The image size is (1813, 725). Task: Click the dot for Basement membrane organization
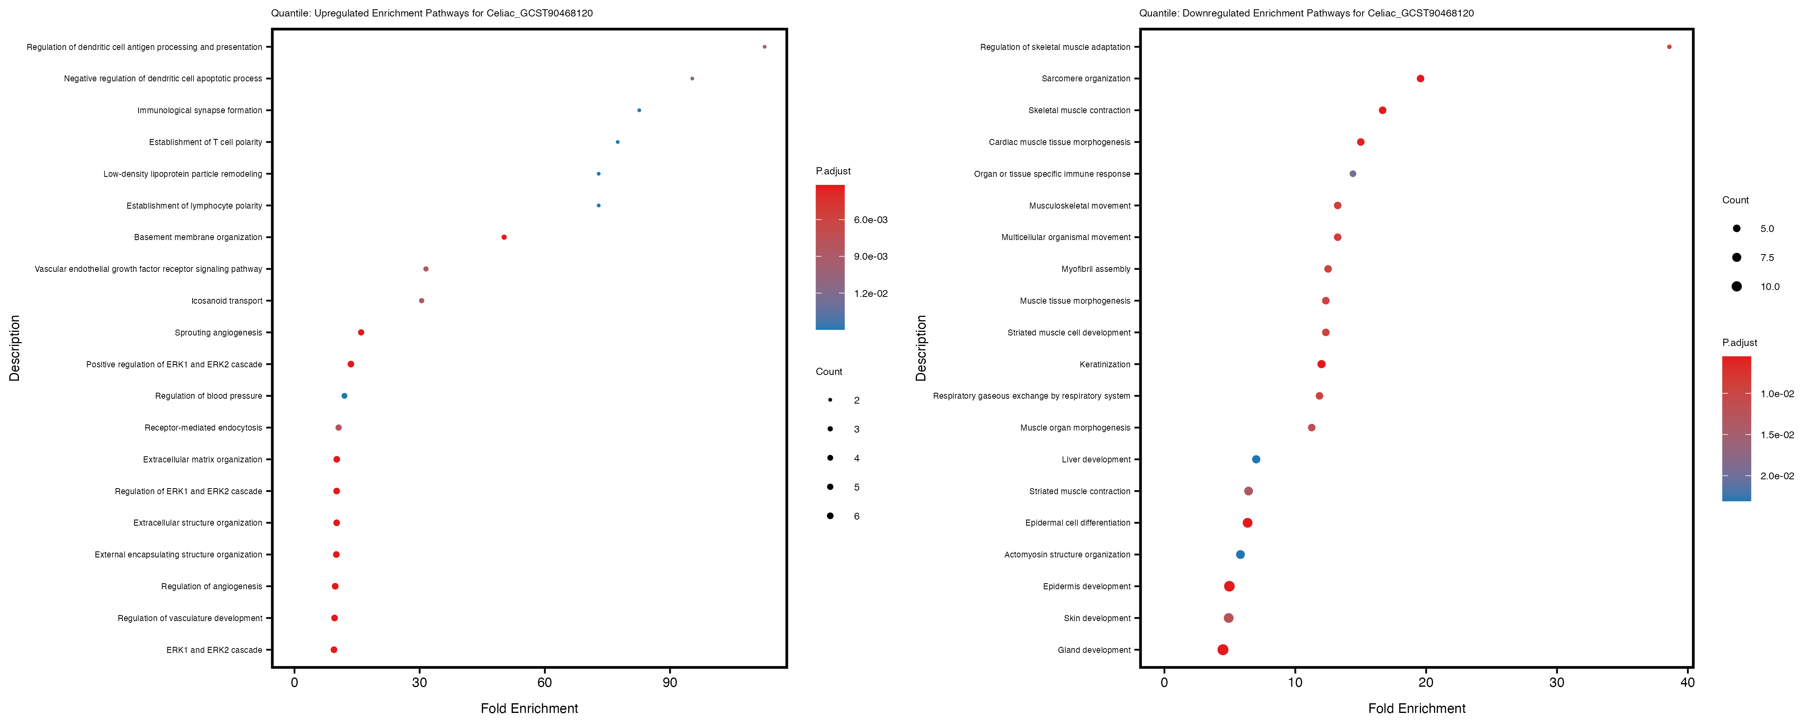pos(504,237)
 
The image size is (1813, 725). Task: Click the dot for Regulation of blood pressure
pos(344,396)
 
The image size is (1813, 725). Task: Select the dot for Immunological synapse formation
pos(638,110)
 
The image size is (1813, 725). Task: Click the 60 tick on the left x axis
pos(544,682)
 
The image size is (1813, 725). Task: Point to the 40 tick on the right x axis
pos(1687,682)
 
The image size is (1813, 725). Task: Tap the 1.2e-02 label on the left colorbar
pos(871,294)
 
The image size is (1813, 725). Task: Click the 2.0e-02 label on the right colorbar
pos(1776,476)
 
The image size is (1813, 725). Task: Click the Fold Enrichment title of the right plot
pos(1416,708)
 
